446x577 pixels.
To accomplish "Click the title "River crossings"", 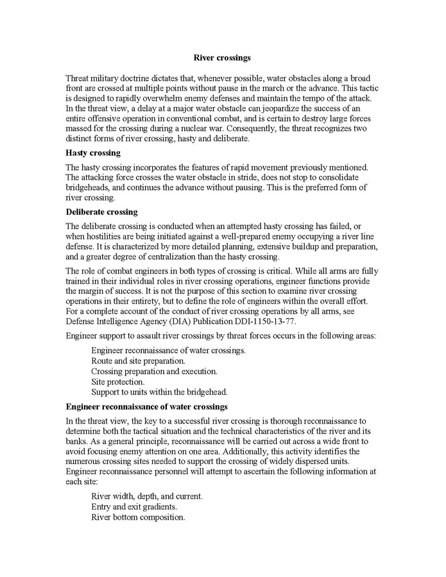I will (222, 58).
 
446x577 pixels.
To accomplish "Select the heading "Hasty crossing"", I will (92, 153).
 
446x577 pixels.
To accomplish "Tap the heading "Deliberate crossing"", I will (101, 212).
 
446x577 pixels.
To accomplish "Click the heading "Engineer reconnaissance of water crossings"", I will (147, 407).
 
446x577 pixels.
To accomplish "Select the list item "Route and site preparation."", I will (139, 361).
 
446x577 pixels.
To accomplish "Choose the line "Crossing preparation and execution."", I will (154, 371).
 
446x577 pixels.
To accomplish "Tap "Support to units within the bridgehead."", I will (159, 392).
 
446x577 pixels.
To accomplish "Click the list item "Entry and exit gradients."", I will (134, 506).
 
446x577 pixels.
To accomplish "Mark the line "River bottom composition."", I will (138, 517).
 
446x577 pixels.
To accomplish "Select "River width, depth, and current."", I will (147, 496).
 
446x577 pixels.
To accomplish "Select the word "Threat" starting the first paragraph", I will (78, 78).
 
